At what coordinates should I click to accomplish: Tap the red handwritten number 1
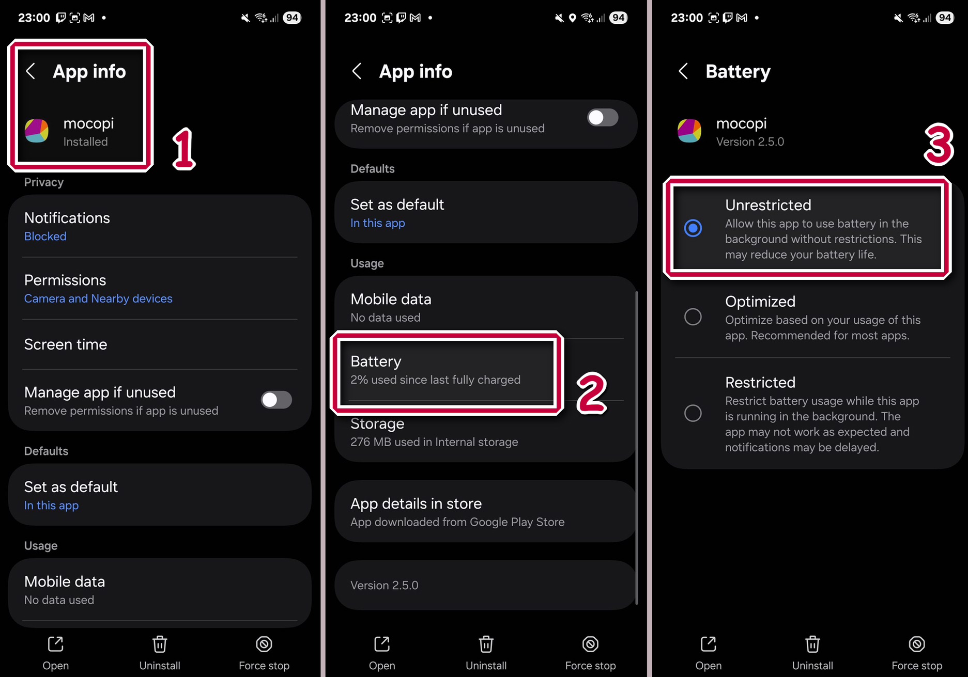(x=184, y=149)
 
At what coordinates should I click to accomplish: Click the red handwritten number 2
(x=591, y=393)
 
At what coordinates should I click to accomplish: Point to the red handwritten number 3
(x=939, y=145)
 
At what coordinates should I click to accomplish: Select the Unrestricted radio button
(x=693, y=228)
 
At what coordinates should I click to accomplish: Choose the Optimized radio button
(x=693, y=317)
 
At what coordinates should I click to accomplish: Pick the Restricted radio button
(x=693, y=413)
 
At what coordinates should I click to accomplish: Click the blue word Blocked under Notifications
(x=45, y=237)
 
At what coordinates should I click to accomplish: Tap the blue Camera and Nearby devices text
(x=98, y=298)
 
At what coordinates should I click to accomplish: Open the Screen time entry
(x=66, y=344)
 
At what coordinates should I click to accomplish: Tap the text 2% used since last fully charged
(x=435, y=380)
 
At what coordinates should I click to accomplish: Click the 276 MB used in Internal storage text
(x=434, y=442)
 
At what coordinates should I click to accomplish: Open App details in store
(x=416, y=503)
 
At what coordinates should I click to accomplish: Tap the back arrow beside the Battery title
(x=683, y=71)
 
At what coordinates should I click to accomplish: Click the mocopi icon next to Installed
(x=37, y=131)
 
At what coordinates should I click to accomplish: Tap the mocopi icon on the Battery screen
(x=689, y=131)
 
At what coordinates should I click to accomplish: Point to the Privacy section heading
(x=44, y=182)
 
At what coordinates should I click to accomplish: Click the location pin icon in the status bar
(x=572, y=18)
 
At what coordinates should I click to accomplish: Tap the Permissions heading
(x=65, y=280)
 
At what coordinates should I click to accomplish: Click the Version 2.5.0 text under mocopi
(x=750, y=141)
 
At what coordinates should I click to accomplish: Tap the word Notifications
(x=67, y=218)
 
